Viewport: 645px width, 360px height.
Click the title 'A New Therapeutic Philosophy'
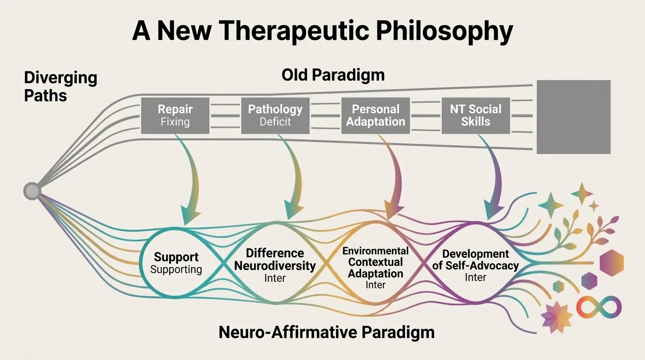pos(322,31)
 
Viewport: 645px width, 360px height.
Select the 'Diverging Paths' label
pos(60,87)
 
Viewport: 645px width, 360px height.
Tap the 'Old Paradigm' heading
pos(333,75)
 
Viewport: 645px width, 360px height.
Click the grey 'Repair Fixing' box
pos(175,116)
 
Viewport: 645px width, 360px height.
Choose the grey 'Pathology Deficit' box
pos(275,116)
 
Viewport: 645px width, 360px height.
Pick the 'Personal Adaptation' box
pos(375,116)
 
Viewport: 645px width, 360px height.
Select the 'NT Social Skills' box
pos(475,116)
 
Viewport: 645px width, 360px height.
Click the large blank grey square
pos(573,117)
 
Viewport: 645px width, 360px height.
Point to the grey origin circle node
pos(32,191)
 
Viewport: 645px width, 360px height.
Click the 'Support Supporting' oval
pos(176,263)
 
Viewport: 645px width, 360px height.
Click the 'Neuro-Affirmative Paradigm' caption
pos(326,332)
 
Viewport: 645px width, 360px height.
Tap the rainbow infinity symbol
pos(599,307)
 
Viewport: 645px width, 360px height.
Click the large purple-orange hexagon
pos(611,262)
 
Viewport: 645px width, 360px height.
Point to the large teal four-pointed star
pos(550,205)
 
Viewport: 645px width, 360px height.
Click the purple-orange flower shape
pos(556,317)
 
